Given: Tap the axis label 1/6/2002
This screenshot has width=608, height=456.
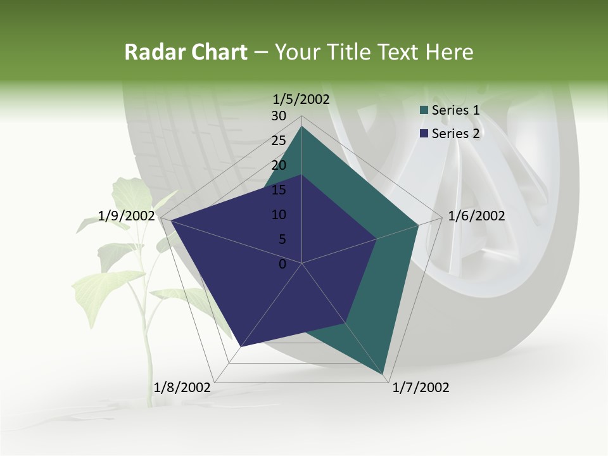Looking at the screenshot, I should pyautogui.click(x=476, y=216).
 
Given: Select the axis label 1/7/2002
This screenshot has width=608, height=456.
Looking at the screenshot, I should pyautogui.click(x=421, y=387).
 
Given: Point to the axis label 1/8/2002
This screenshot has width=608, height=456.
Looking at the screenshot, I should pyautogui.click(x=182, y=387).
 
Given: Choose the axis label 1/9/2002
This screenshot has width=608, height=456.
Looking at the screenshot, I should pyautogui.click(x=127, y=216).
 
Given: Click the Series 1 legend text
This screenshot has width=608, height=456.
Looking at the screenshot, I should pyautogui.click(x=455, y=110).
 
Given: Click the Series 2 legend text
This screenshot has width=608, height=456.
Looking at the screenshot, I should pyautogui.click(x=455, y=134).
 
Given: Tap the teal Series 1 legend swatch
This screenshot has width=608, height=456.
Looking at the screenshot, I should pyautogui.click(x=424, y=111).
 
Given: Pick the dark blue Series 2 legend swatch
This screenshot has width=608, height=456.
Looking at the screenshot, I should pyautogui.click(x=424, y=134).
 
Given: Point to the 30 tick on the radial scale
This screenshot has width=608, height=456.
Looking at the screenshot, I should pyautogui.click(x=279, y=116).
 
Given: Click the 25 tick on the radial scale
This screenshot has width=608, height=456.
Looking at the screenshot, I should pyautogui.click(x=279, y=141).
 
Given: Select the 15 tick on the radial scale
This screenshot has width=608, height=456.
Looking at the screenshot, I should pyautogui.click(x=279, y=190).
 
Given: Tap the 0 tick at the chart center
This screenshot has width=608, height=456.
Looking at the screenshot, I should pyautogui.click(x=282, y=264).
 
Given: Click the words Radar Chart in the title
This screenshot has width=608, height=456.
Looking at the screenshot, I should pyautogui.click(x=186, y=52).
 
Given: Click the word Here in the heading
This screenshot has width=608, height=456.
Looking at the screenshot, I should pyautogui.click(x=449, y=52).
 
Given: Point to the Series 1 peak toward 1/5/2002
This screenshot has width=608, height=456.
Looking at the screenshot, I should pyautogui.click(x=301, y=127).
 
